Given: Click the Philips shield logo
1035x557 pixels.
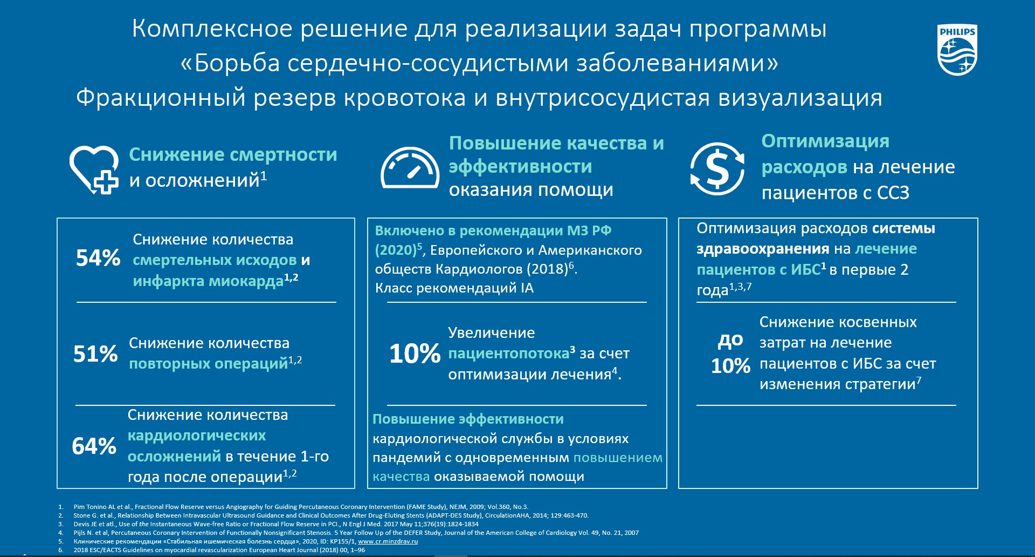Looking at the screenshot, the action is coord(957,50).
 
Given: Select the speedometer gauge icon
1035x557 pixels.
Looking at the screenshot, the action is coord(410,168).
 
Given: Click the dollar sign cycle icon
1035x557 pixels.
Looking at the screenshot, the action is coord(717,168).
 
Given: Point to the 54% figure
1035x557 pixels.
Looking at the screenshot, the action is coord(98,258).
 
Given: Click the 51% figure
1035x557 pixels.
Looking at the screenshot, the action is coord(95,354).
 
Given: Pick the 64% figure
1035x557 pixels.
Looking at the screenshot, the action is coord(94,446).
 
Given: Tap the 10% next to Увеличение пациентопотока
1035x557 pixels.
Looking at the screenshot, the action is coord(415,354).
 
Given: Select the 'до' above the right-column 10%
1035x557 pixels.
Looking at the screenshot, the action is coord(730,340).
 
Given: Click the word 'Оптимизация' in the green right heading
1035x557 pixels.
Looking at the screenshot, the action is coord(825,141).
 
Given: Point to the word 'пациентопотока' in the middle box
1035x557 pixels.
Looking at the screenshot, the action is coord(509,354).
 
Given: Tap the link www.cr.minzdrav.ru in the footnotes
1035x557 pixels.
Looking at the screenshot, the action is coord(388,541).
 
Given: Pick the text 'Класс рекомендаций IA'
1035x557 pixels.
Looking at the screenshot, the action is coord(454,288).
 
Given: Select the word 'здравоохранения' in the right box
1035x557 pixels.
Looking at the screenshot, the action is coord(763,249).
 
